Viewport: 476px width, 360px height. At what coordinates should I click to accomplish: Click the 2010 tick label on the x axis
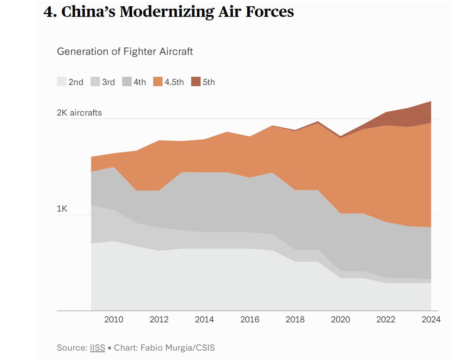[114, 320]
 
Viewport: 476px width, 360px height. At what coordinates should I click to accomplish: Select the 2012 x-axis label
[159, 320]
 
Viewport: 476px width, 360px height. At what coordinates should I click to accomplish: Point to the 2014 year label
[205, 320]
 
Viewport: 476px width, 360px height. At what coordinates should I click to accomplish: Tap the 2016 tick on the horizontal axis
[250, 320]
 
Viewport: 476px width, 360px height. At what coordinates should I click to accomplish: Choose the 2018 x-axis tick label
[295, 320]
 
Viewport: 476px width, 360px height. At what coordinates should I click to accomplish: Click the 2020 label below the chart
[340, 320]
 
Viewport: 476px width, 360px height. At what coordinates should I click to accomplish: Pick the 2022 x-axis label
[386, 320]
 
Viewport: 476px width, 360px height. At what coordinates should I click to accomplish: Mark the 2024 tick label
[431, 320]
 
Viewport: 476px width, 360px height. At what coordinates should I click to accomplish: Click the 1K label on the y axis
[62, 209]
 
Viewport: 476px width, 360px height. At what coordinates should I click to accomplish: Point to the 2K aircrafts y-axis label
[79, 113]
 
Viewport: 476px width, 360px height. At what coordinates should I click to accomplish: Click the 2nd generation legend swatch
[62, 82]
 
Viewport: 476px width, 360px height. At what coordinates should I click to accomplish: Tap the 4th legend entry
[135, 82]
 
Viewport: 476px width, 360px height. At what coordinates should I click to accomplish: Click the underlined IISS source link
[98, 347]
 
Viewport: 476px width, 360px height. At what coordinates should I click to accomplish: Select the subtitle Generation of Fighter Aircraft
[125, 51]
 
